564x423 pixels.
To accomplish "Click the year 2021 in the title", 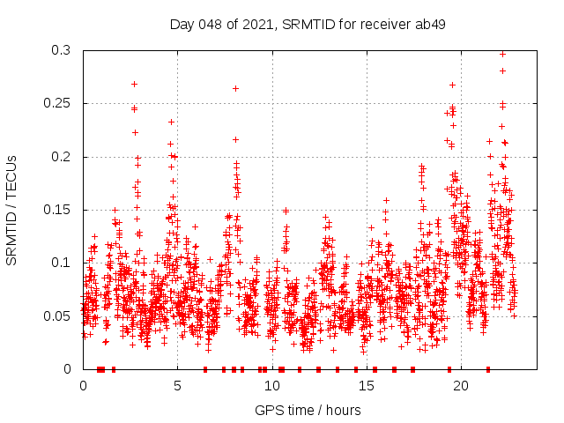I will click(x=255, y=24).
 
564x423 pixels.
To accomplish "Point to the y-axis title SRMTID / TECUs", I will click(x=12, y=210).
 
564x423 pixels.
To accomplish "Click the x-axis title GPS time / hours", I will click(x=308, y=410).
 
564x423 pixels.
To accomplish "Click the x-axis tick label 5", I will click(x=177, y=385).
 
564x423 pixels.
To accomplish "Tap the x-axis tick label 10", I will click(x=271, y=385).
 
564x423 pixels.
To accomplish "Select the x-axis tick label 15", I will click(x=366, y=385).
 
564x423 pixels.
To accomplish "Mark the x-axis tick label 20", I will click(x=460, y=385).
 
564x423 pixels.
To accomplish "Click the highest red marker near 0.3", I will click(x=502, y=54).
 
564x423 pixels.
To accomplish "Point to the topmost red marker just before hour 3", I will click(x=134, y=84).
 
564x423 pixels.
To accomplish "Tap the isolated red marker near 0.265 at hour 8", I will click(x=235, y=88).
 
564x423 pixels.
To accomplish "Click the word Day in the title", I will click(x=181, y=24).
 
